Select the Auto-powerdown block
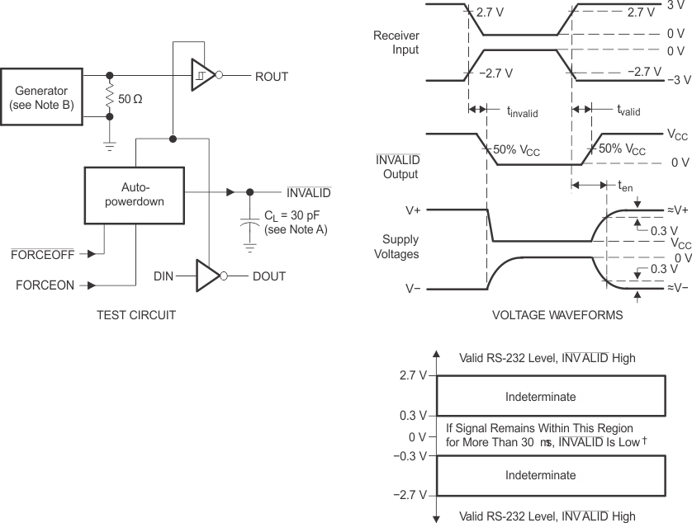pos(133,192)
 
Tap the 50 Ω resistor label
pos(130,99)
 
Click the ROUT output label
pos(272,77)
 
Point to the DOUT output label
pos(269,276)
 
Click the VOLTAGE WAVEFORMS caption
pos(544,314)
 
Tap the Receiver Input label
pos(396,43)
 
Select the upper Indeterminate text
pos(540,397)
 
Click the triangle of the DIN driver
pos(206,276)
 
